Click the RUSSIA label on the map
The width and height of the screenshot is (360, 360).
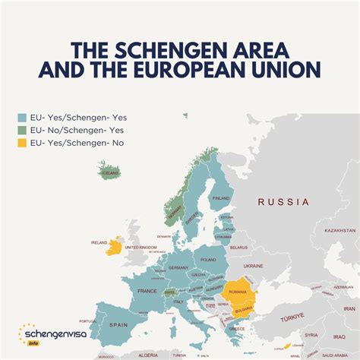pos(283,202)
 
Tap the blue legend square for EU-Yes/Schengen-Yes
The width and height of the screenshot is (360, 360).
pos(22,118)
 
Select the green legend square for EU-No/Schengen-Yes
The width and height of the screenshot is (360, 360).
pos(22,130)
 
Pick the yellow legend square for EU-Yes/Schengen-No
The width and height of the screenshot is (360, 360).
pos(22,142)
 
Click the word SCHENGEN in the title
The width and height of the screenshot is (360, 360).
pos(180,50)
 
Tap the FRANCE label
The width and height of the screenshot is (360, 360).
pos(147,291)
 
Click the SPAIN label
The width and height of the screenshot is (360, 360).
pos(118,324)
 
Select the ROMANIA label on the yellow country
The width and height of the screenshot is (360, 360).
pos(238,292)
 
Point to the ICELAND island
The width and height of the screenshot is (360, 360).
pos(109,172)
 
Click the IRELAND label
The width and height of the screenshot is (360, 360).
pos(99,243)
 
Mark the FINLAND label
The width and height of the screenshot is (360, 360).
pos(220,198)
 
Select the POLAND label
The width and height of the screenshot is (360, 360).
pos(208,259)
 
